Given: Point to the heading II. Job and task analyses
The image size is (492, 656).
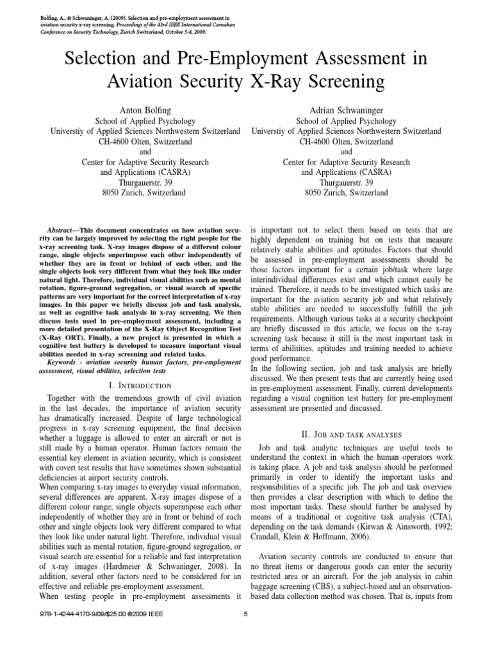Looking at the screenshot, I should pyautogui.click(x=346, y=433).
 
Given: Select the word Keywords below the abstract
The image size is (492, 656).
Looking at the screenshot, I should pyautogui.click(x=65, y=363).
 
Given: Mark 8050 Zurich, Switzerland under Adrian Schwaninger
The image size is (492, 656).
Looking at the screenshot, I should pyautogui.click(x=346, y=192).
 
